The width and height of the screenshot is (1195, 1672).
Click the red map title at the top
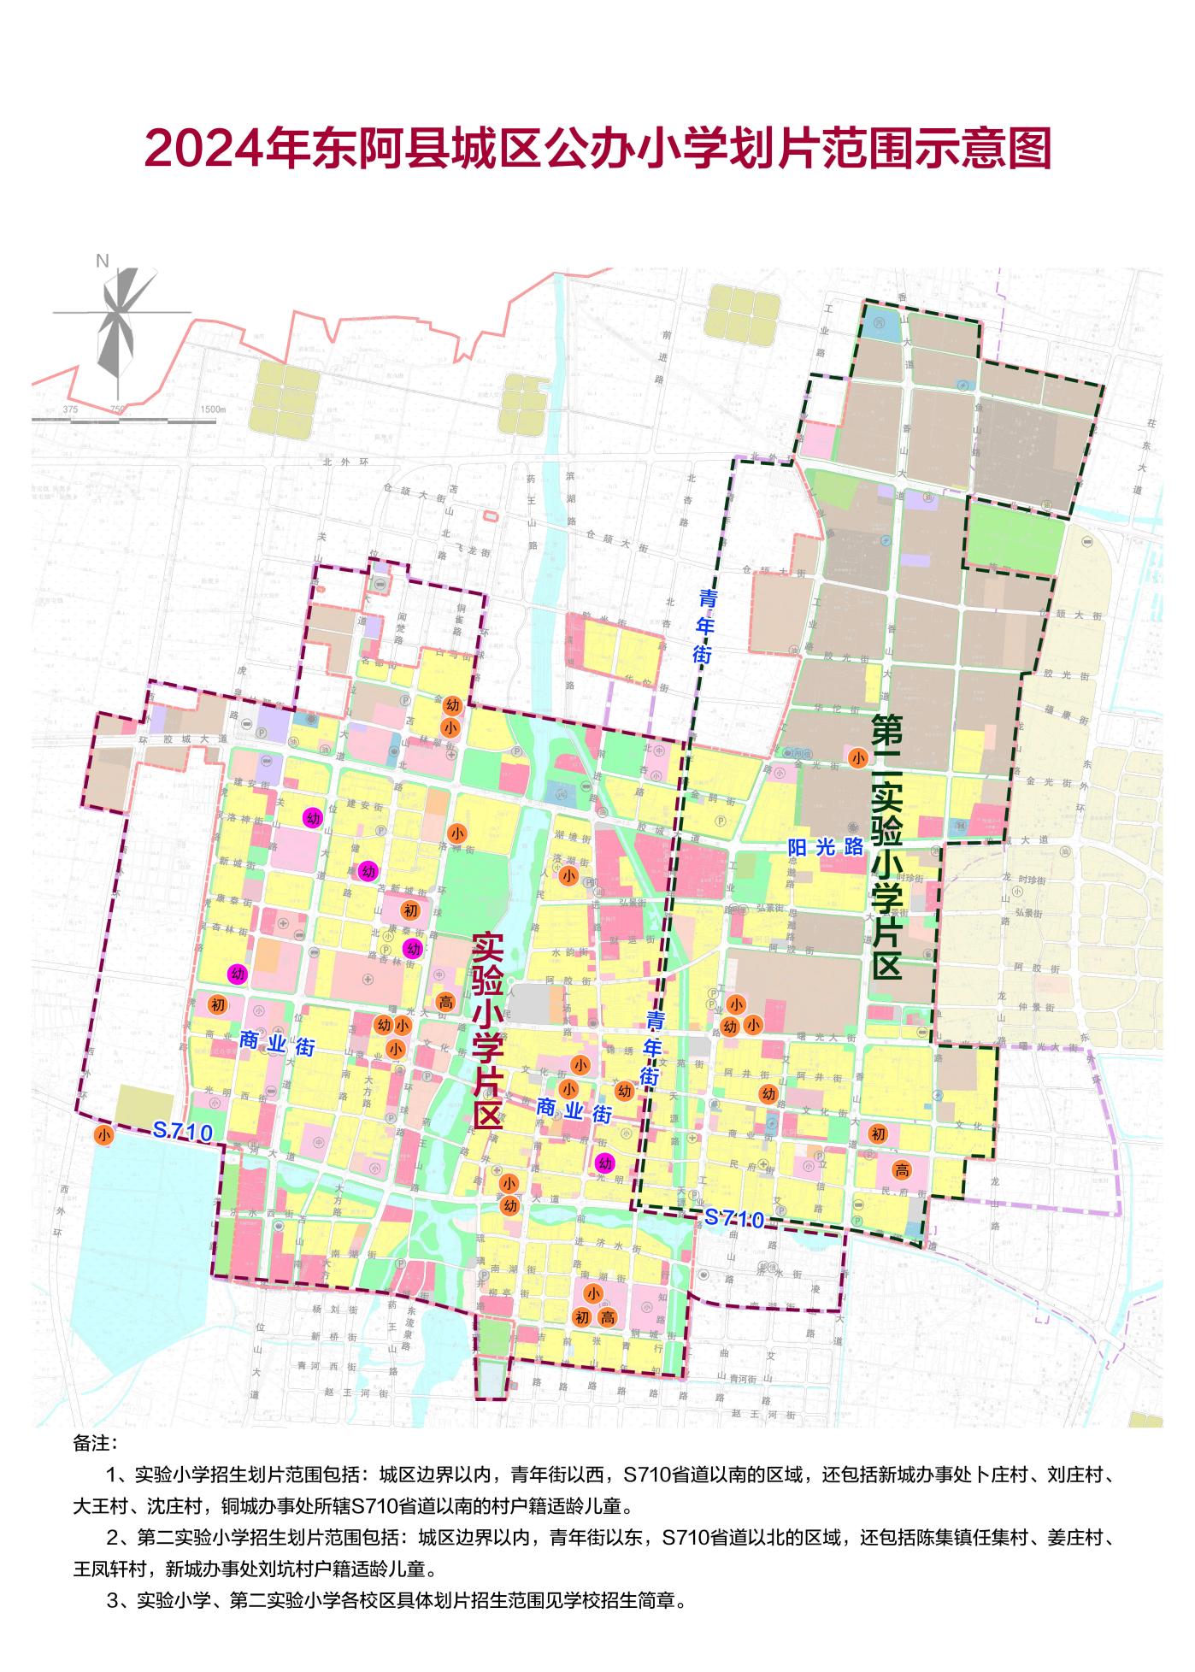(x=597, y=150)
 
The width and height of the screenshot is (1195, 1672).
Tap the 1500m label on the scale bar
(x=212, y=409)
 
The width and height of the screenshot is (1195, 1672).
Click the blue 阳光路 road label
(x=826, y=846)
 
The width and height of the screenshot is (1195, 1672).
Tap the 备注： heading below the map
(x=95, y=1443)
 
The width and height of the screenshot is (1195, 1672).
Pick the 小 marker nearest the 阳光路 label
(x=858, y=757)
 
